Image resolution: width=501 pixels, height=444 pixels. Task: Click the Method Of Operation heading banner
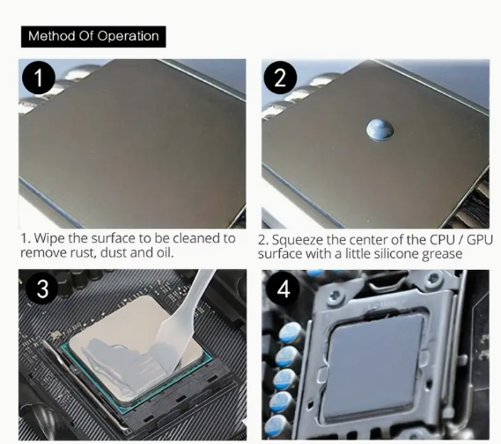[93, 37]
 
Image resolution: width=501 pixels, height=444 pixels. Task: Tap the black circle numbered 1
[39, 77]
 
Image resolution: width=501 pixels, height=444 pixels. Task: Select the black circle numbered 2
[280, 77]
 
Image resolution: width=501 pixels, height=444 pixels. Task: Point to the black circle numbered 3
[42, 289]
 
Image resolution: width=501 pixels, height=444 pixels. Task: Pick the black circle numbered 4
[284, 289]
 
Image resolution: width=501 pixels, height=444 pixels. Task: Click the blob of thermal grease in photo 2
[379, 129]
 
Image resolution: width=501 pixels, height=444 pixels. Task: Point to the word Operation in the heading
[128, 37]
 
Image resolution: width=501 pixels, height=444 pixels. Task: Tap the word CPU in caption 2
[443, 239]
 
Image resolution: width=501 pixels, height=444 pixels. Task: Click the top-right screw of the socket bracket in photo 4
[433, 278]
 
